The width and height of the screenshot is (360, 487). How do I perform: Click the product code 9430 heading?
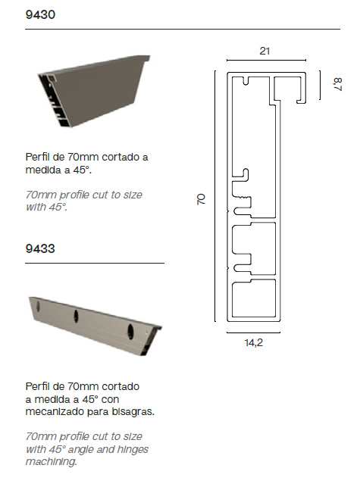coord(39,14)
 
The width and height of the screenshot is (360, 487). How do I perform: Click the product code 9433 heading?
coord(39,248)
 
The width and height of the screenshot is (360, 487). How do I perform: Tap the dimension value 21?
coord(265,52)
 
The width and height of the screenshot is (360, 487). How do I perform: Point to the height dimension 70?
coord(202,200)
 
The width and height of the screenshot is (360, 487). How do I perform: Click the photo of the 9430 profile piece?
coord(95,92)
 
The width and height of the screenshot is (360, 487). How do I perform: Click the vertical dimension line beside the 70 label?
coord(214,200)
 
